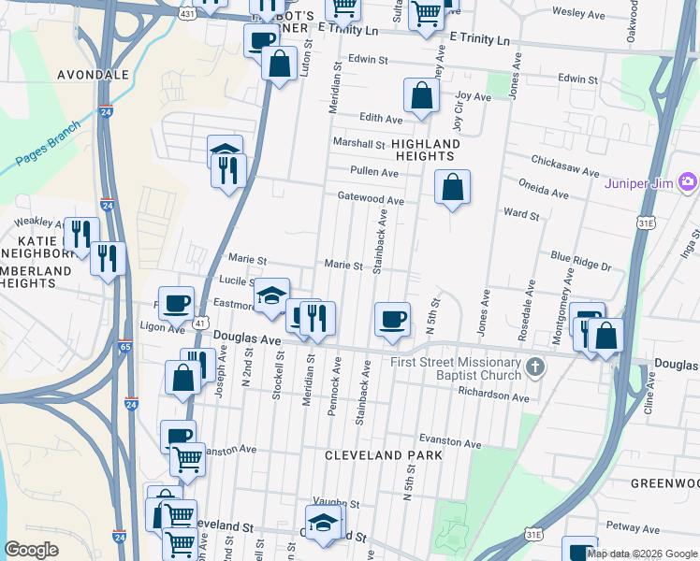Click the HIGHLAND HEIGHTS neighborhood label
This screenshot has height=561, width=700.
point(426,151)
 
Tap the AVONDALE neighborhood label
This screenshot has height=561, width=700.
point(93,74)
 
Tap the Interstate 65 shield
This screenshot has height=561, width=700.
point(124,346)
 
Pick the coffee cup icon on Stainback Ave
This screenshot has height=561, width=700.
point(392,319)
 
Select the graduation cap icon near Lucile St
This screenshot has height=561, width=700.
point(271,295)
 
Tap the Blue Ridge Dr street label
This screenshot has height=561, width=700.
point(580,266)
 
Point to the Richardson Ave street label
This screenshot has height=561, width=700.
point(494,396)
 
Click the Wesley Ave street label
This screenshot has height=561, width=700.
point(579,13)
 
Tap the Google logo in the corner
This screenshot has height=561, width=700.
point(31,550)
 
